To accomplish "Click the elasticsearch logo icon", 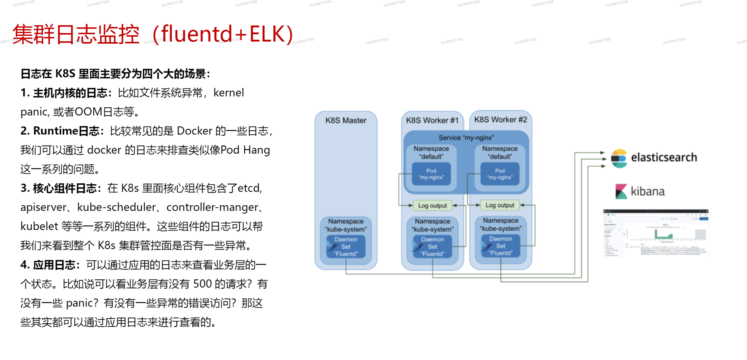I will click(x=619, y=158).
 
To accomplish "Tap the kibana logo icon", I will click(x=621, y=191).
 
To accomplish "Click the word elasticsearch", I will click(x=664, y=158).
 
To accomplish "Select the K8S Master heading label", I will click(x=346, y=121).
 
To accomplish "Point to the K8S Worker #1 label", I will click(x=432, y=121).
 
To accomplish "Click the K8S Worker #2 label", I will click(x=501, y=119).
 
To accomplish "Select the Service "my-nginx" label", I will click(x=466, y=137).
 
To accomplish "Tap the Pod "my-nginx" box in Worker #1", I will click(x=431, y=174).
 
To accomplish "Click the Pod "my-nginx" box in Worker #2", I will click(x=500, y=174).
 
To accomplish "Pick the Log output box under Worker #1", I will click(x=432, y=206).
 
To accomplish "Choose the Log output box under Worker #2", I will click(x=500, y=205).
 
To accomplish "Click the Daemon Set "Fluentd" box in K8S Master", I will click(x=346, y=247).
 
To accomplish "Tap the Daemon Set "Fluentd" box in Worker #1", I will click(x=432, y=247).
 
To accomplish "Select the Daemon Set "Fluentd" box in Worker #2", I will click(x=501, y=246).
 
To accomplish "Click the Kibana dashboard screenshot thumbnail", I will click(x=656, y=233).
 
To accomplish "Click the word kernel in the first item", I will click(x=228, y=93).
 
